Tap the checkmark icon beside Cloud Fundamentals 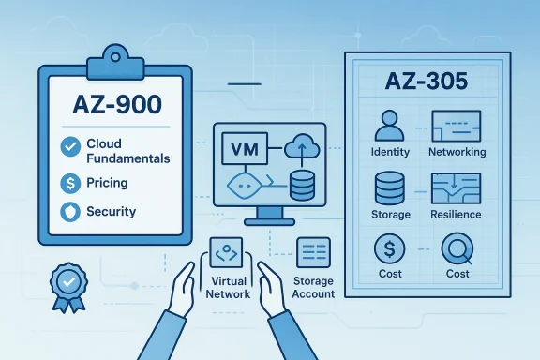point(68,145)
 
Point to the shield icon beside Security point(68,211)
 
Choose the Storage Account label point(313,288)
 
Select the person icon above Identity point(389,125)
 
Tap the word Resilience point(457,214)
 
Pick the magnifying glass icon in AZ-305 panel point(457,250)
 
